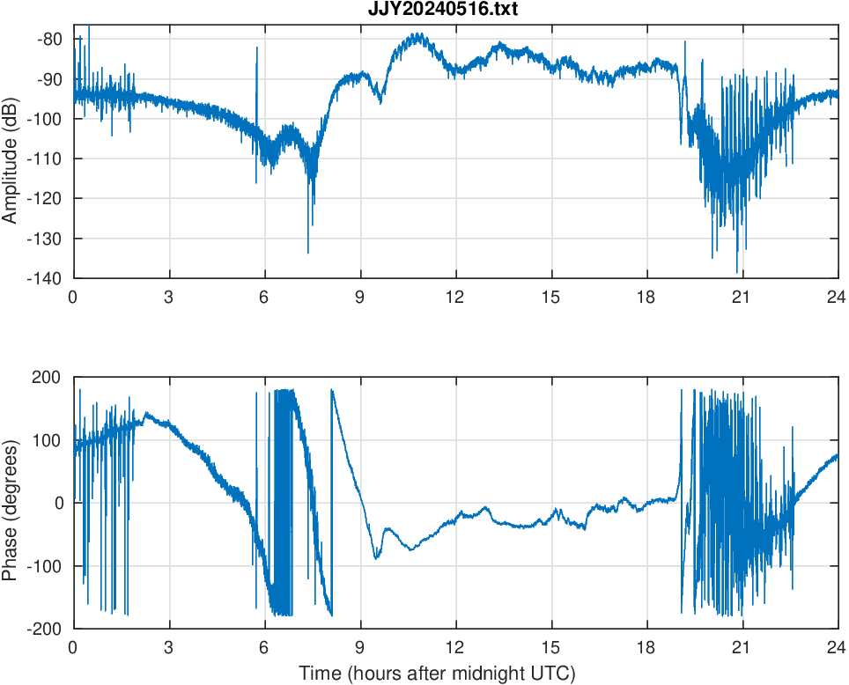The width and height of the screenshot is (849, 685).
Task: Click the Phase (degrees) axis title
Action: coord(11,503)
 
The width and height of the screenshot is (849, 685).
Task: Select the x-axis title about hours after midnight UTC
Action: coord(437,674)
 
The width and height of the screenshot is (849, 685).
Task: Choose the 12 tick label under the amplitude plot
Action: coord(455,297)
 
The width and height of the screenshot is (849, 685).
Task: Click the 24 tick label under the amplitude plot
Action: coord(837,297)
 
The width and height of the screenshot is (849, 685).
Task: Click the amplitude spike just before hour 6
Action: coord(257,49)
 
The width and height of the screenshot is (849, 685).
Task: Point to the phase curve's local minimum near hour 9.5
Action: coord(376,557)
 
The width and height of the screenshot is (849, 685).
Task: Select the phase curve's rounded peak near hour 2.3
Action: coord(146,414)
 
